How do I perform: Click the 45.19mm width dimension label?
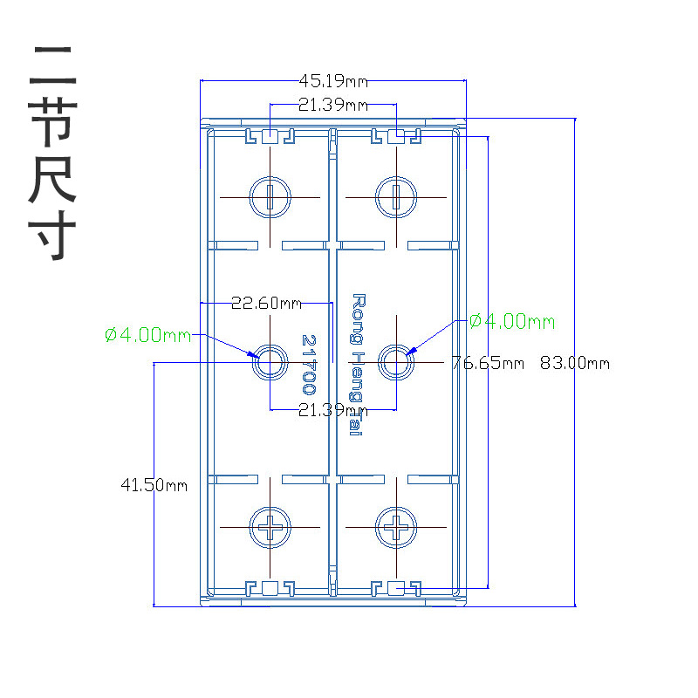coord(333,81)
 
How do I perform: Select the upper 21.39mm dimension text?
coord(332,105)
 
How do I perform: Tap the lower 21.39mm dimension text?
coord(332,410)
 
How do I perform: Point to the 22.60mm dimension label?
coord(266,304)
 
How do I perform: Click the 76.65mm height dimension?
coord(488,363)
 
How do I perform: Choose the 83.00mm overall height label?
coord(574,363)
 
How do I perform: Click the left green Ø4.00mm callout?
coord(147,335)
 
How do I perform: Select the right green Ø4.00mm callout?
coord(511,322)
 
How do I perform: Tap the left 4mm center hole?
coord(270,361)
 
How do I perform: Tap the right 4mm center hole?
coord(396,361)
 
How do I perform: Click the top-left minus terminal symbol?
coord(270,197)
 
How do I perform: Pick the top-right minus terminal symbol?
coord(396,197)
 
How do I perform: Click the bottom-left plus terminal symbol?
coord(270,527)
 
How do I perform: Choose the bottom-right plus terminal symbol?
coord(396,527)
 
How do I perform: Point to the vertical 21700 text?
coord(308,364)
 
